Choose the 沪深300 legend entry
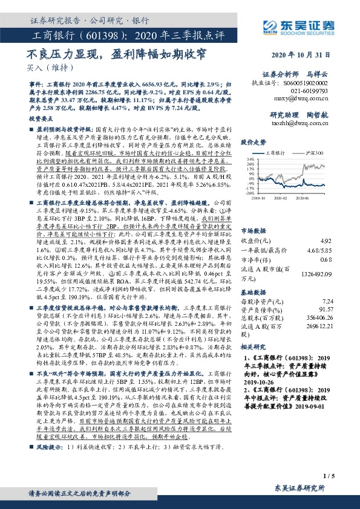point(312,155)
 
